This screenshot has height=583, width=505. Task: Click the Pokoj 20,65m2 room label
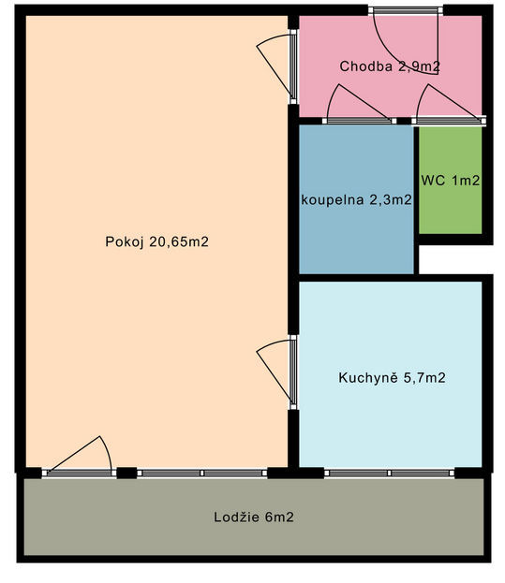tap(156, 242)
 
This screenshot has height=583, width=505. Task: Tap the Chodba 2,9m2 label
tap(390, 66)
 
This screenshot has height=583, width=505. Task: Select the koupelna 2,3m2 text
tap(356, 200)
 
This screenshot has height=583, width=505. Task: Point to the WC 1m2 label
tap(451, 181)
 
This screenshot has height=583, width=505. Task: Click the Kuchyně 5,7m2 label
tap(392, 378)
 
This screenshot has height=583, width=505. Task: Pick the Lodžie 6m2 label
tap(254, 517)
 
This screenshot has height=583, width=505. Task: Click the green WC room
tap(451, 181)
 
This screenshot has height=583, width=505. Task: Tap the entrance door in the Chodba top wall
tap(406, 41)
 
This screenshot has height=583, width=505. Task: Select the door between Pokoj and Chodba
tap(277, 67)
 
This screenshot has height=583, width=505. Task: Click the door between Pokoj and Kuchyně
tap(277, 372)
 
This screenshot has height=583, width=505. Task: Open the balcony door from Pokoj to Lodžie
tap(79, 458)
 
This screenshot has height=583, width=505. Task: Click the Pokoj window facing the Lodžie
tap(202, 473)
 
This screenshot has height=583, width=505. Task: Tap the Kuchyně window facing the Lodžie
tap(389, 473)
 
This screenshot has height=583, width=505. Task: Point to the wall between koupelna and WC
tap(416, 200)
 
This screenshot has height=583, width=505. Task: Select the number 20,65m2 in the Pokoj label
tap(179, 242)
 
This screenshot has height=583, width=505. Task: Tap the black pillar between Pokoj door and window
tap(126, 473)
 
